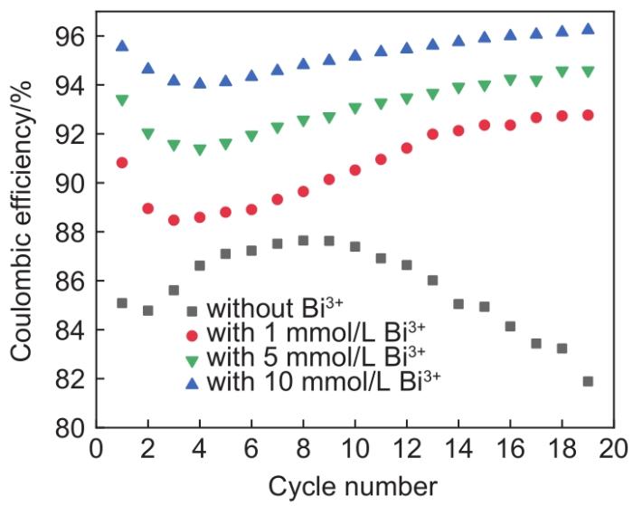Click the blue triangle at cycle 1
[x=122, y=45]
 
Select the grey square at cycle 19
[x=588, y=381]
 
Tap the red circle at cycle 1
[x=122, y=163]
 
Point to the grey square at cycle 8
[x=303, y=241]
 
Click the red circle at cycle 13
[x=432, y=134]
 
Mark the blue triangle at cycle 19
[x=588, y=29]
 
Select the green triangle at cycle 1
[x=122, y=100]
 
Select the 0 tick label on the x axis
[x=96, y=450]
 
